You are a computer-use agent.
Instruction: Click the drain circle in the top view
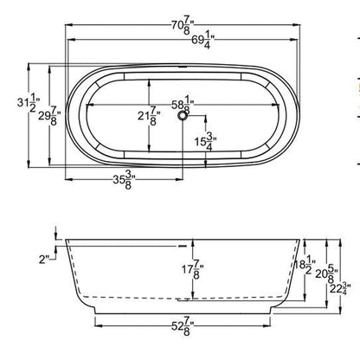coord(183,119)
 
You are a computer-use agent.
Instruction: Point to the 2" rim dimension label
coord(42,256)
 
